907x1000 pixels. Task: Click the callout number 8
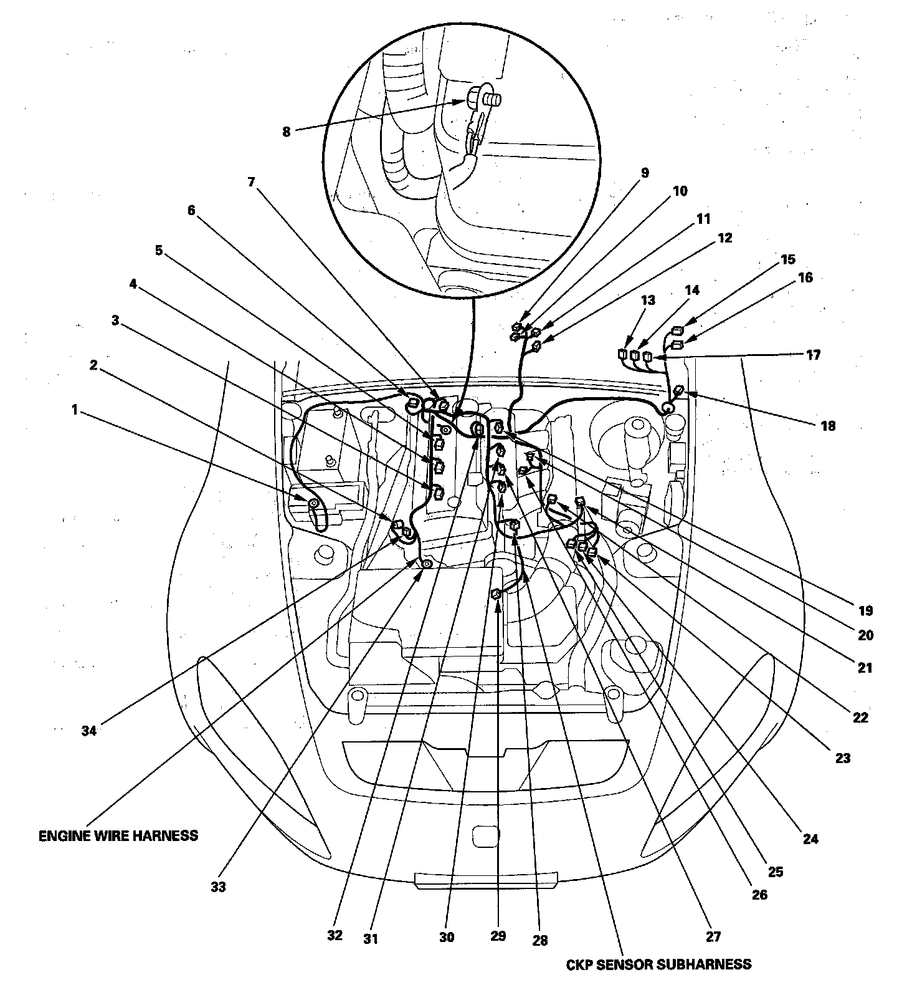[286, 132]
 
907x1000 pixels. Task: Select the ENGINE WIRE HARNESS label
[118, 835]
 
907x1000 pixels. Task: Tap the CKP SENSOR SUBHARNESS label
[658, 964]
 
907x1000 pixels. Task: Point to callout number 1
[75, 410]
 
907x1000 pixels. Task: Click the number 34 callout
[89, 731]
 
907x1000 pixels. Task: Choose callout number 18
[828, 426]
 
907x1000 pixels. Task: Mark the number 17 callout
[813, 355]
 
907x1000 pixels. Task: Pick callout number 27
[713, 936]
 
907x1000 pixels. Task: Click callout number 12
[725, 238]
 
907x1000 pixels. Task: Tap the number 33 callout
[218, 887]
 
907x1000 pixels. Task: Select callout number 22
[860, 718]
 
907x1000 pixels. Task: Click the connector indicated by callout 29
[496, 594]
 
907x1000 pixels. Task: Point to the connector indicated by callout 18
[679, 392]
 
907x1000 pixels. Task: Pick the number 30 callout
[447, 937]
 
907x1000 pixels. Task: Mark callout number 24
[810, 839]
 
